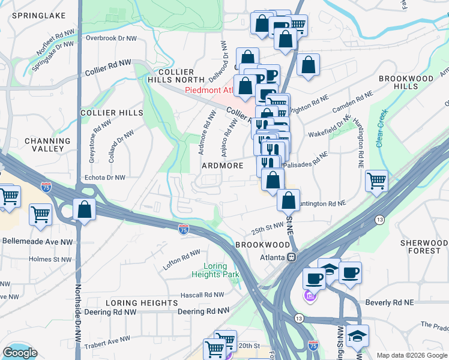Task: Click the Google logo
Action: (20, 353)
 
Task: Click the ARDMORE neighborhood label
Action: (222, 166)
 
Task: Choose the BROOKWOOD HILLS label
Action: (406, 82)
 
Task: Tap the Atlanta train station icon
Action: (292, 257)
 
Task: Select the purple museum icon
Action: (310, 296)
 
